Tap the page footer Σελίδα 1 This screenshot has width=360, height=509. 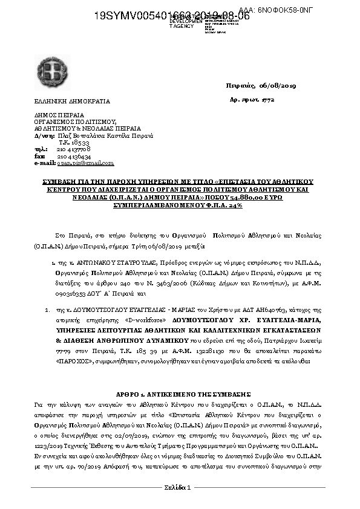pyautogui.click(x=178, y=487)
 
